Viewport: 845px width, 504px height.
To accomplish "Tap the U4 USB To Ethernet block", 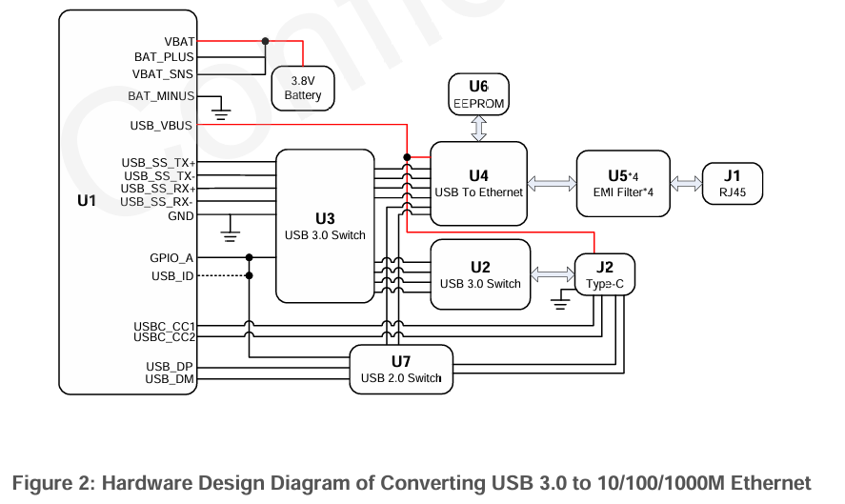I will [478, 183].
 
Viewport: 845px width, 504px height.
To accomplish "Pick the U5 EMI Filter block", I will [623, 183].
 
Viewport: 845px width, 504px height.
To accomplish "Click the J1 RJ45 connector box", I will [732, 183].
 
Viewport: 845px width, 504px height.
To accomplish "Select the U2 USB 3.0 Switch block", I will [480, 274].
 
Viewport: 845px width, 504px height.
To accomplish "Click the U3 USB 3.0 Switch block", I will [325, 226].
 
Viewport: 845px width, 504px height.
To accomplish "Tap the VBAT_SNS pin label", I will [163, 73].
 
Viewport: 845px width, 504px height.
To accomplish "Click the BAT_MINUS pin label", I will [161, 96].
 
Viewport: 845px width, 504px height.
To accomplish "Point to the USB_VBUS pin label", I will [161, 125].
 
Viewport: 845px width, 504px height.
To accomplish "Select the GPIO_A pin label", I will [171, 257].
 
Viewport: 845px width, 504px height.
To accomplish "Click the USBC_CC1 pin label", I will [164, 327].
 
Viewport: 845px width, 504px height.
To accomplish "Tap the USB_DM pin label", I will [170, 379].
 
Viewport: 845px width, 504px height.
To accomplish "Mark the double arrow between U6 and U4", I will [478, 128].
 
